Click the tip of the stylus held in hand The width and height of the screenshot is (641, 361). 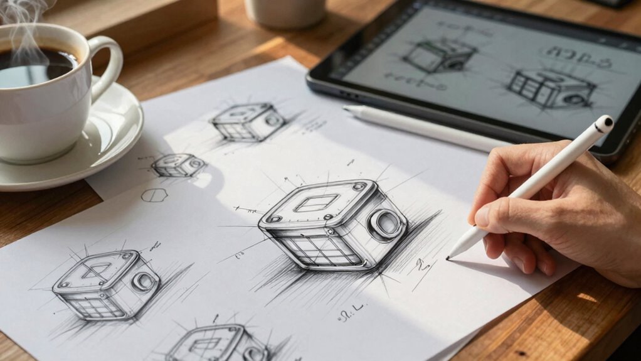coord(449,257)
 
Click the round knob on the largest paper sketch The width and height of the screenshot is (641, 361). coord(387,224)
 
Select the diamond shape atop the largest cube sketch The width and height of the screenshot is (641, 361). coord(317,202)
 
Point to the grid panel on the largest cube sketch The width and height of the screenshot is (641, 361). coord(322,249)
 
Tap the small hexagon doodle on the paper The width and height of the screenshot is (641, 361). coord(154,195)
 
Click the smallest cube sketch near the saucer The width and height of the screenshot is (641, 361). coord(179,165)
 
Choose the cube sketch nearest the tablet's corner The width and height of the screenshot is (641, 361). coord(249,122)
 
